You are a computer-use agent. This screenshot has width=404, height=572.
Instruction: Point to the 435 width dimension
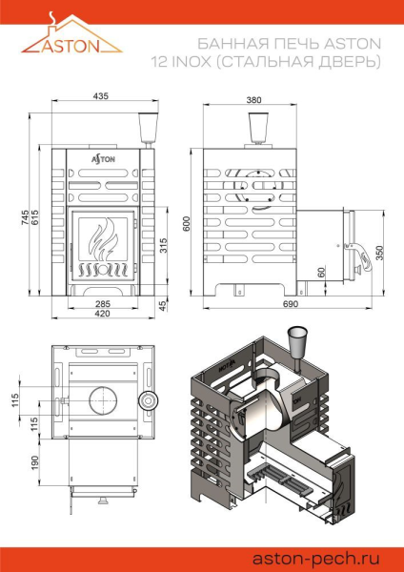[x=100, y=96]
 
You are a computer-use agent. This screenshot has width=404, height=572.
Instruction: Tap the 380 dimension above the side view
[x=253, y=99]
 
